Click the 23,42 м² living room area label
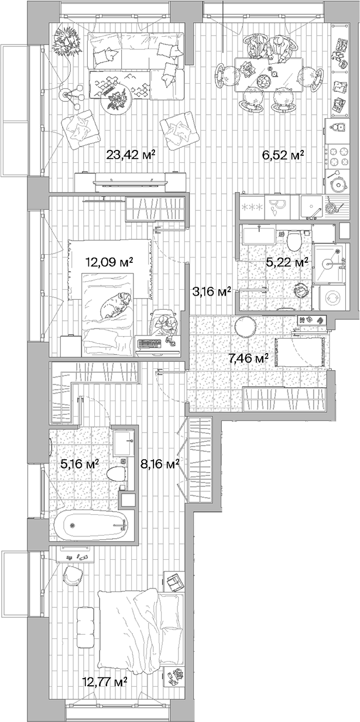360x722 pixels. (x=131, y=155)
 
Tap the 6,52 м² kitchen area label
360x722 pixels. (x=283, y=155)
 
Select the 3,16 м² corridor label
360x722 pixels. (x=211, y=290)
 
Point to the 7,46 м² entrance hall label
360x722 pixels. (x=248, y=358)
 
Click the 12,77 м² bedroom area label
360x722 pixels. (x=105, y=683)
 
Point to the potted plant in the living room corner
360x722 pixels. (x=65, y=40)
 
